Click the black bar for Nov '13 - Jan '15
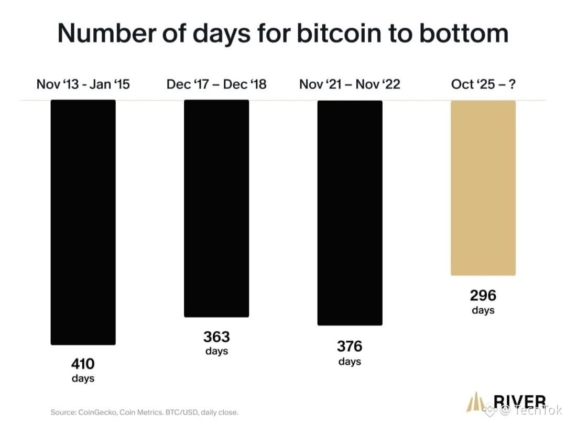click(x=83, y=222)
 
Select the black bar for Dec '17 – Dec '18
click(x=216, y=209)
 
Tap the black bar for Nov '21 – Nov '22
click(x=350, y=213)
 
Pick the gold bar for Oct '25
click(x=483, y=188)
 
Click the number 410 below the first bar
click(x=83, y=363)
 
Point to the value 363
click(x=216, y=337)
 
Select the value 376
click(x=350, y=346)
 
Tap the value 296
click(x=483, y=296)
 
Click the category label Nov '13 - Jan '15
click(x=83, y=84)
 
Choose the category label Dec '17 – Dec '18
click(x=216, y=84)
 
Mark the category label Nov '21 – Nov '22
click(x=350, y=84)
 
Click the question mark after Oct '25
click(x=511, y=84)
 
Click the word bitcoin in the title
click(x=339, y=33)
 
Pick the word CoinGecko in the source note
click(x=97, y=412)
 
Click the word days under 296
click(x=483, y=310)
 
